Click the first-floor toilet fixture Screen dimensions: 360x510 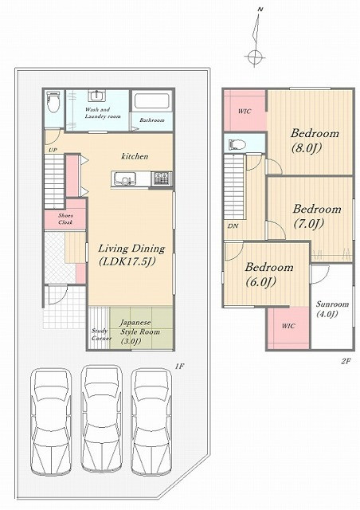[53, 101]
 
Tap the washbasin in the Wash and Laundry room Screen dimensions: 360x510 [96, 96]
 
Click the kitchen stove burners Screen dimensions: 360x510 [162, 178]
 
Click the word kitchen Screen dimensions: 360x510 [135, 156]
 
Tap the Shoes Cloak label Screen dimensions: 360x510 [65, 219]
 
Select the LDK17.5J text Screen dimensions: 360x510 [127, 262]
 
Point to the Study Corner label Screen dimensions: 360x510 [100, 335]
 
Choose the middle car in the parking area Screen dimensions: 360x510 [101, 419]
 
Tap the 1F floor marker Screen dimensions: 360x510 [179, 367]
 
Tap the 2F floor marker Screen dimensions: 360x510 [346, 361]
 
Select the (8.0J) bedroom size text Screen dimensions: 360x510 [307, 148]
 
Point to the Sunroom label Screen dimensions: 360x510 [332, 304]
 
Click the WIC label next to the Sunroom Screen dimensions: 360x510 [288, 326]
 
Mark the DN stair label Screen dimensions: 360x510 [233, 226]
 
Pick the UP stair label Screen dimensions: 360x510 [53, 150]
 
